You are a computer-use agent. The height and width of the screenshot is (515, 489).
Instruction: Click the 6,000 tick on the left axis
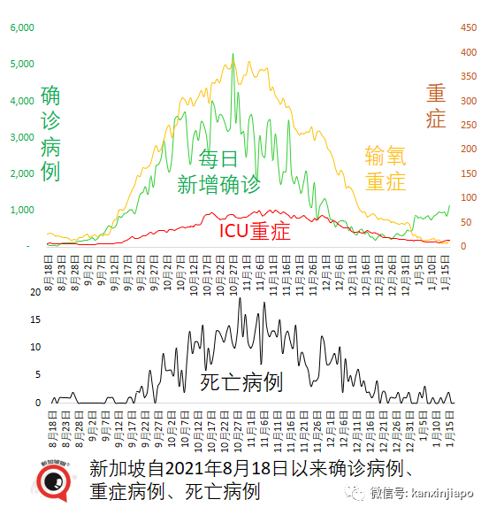[x=22, y=27]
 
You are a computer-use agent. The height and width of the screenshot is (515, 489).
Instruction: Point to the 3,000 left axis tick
[x=22, y=137]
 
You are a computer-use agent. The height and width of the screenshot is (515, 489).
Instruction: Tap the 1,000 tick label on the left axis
[x=22, y=211]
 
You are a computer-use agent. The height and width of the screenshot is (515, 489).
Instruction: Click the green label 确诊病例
[x=50, y=134]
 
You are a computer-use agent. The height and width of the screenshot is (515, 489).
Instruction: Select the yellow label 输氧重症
[x=386, y=168]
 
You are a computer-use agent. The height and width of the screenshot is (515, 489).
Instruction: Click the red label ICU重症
[x=255, y=231]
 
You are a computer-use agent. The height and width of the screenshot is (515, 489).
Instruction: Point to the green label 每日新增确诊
[x=218, y=172]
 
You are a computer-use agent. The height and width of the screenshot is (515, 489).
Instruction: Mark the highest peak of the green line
[x=233, y=54]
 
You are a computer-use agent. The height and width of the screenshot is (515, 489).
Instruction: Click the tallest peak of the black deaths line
[x=240, y=299]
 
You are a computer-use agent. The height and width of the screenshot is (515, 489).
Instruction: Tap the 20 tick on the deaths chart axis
[x=36, y=292]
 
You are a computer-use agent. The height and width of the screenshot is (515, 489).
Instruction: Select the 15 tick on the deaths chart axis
[x=36, y=319]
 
